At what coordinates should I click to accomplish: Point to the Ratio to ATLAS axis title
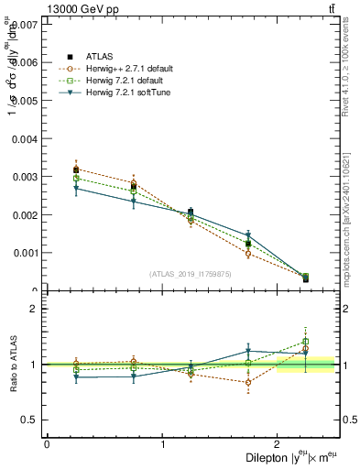click(12, 365)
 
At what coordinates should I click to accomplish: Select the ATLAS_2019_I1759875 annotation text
click(191, 273)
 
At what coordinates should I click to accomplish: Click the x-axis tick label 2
click(278, 444)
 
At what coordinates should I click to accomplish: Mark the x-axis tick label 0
click(47, 444)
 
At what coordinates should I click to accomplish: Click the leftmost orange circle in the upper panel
click(76, 169)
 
